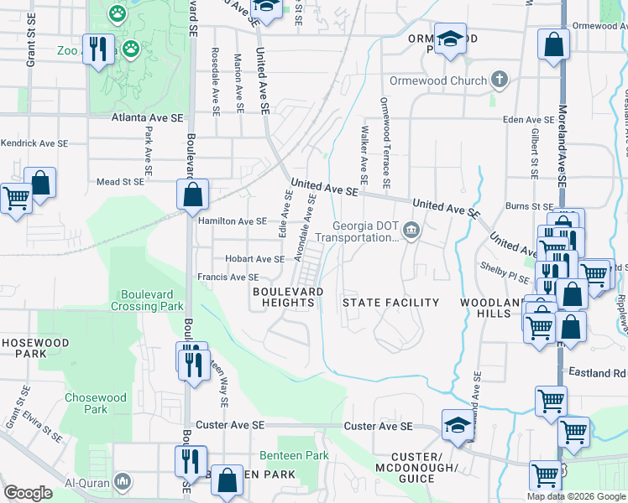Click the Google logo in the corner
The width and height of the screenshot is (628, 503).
coord(29,493)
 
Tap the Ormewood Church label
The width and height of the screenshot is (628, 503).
coord(437,81)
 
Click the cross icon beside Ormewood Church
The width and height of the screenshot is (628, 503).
coord(500,80)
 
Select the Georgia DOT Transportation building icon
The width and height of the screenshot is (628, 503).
coord(411,231)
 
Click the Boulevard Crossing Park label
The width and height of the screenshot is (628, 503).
coord(151,300)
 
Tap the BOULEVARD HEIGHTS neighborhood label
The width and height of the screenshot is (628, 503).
coord(288,297)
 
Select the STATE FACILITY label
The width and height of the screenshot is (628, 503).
coord(390,303)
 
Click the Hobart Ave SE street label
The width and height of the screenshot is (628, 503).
coord(254,259)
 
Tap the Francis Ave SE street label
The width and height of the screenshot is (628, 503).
coord(227,277)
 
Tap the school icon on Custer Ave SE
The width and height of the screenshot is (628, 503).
coord(457,423)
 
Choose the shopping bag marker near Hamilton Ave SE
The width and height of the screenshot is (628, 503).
coord(192,194)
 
